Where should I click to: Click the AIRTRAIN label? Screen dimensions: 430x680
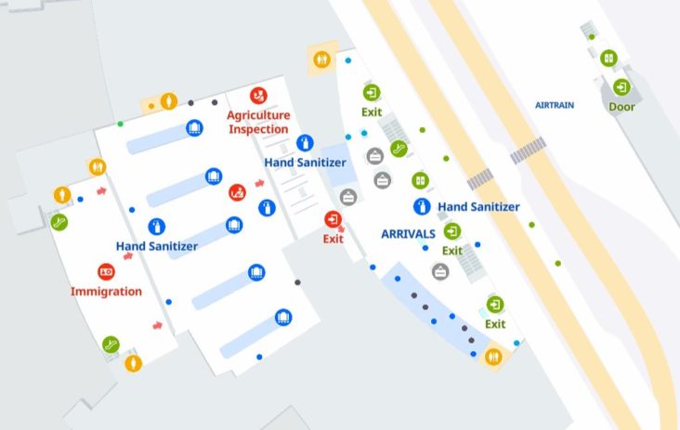555,105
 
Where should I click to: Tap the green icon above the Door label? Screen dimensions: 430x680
621,87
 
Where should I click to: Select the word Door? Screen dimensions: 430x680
621,107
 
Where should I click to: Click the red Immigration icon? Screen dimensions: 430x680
106,272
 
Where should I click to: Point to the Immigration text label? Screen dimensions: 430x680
106,292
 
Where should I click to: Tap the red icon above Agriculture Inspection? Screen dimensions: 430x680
259,96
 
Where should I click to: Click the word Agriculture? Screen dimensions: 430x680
259,115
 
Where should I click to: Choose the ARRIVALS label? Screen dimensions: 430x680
409,234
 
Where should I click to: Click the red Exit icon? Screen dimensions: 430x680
333,219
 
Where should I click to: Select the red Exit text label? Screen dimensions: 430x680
333,239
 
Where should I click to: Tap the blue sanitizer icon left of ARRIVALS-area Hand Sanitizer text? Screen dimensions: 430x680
421,206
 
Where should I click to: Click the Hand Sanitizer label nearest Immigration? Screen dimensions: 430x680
156,246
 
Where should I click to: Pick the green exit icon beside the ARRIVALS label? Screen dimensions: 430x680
452,231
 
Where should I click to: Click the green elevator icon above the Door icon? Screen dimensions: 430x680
608,58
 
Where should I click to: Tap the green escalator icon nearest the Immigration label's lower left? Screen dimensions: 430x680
111,344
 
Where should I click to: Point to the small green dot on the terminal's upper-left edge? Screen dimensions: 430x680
120,124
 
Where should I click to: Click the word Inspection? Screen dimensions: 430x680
259,128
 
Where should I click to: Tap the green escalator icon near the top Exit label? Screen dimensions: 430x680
399,148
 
